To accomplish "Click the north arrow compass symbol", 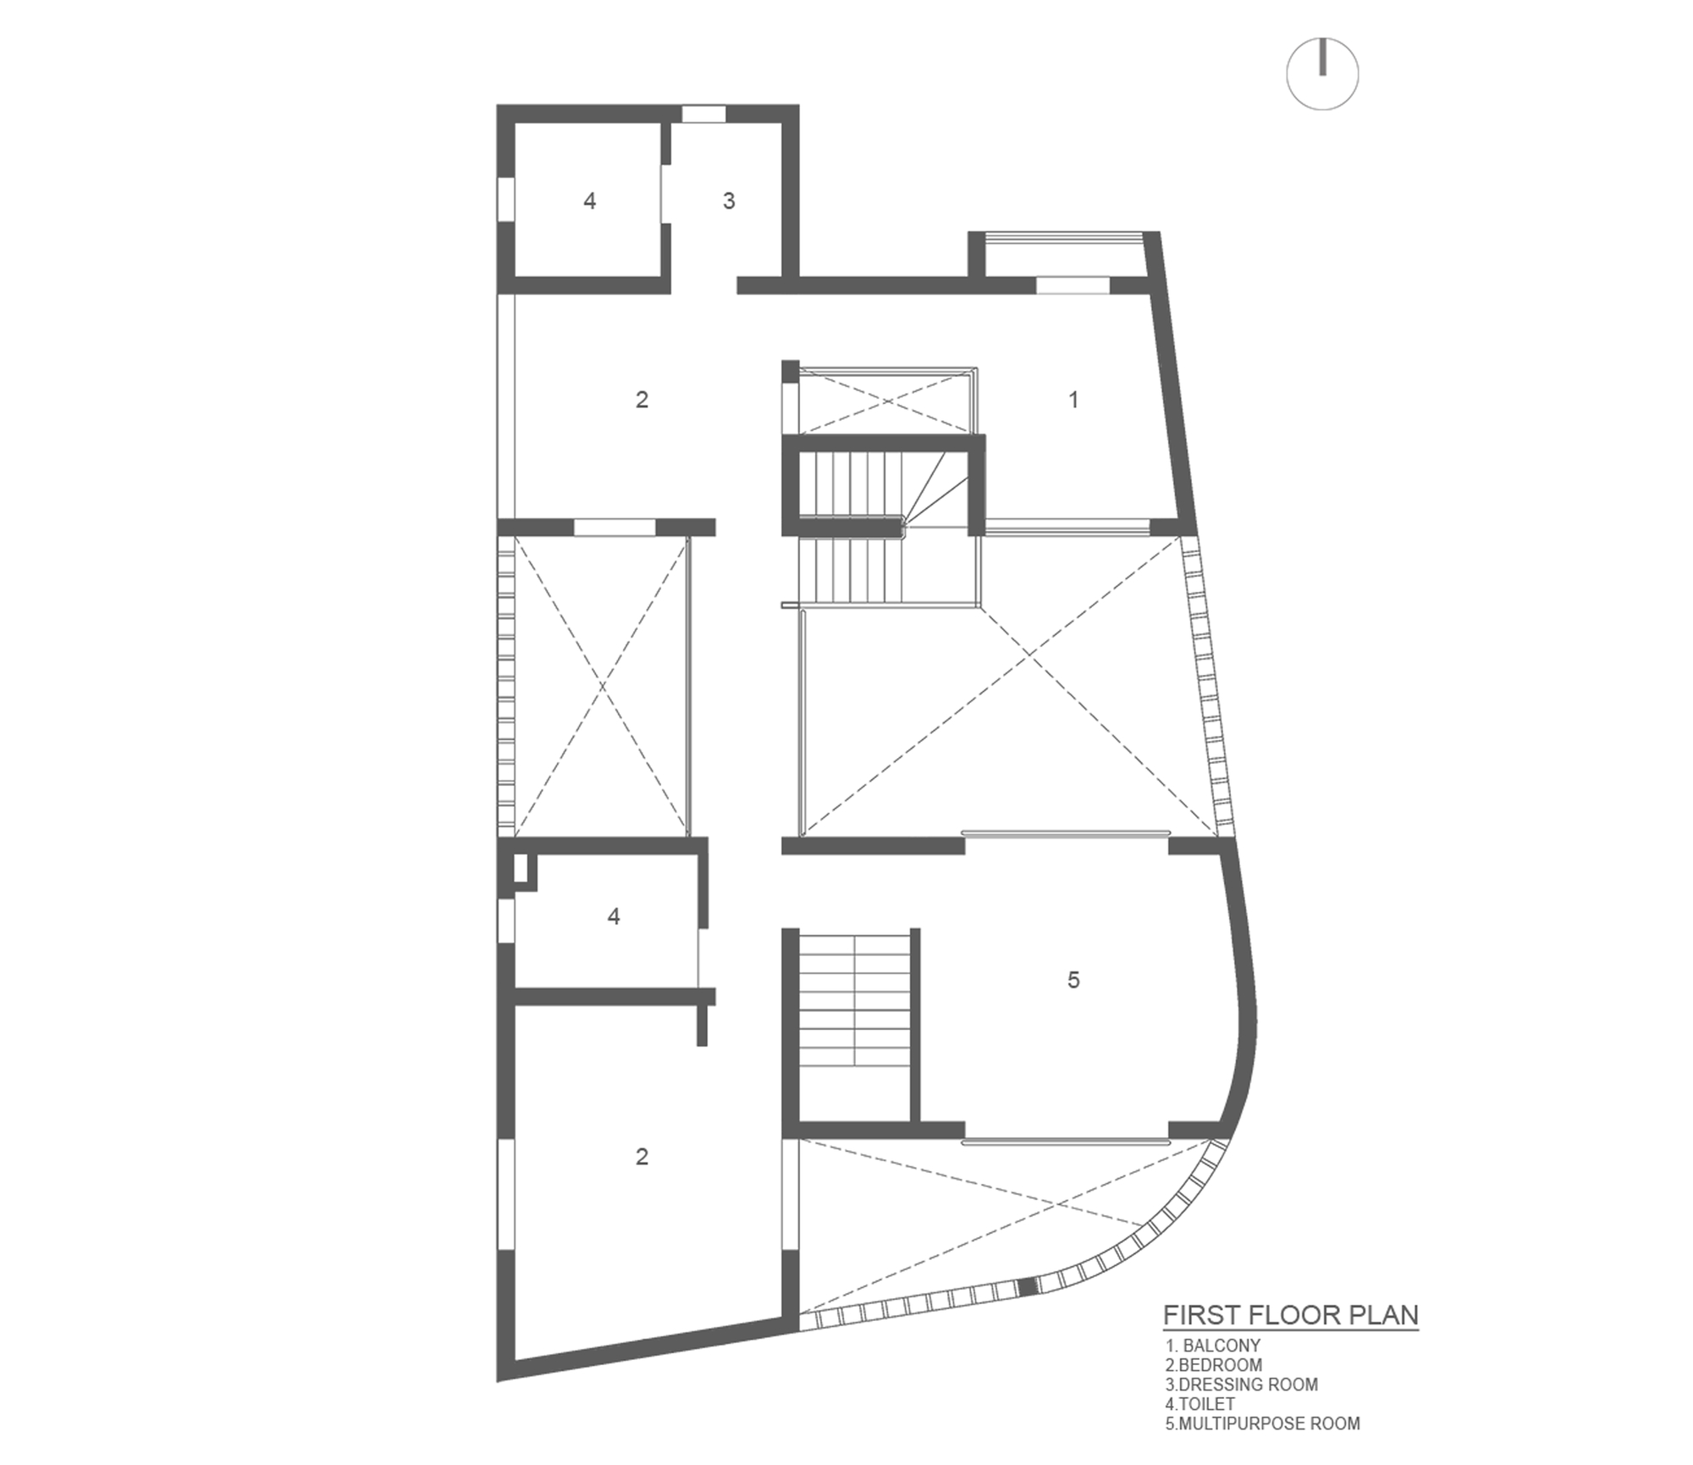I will click(1322, 73).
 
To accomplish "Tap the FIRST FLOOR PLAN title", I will click(1290, 1315).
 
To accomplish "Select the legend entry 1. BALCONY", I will click(1213, 1345).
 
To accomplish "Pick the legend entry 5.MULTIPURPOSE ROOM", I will click(1262, 1424).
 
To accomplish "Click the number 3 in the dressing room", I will click(729, 202).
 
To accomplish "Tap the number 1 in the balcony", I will click(1073, 400).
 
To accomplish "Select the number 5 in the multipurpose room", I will click(1073, 981).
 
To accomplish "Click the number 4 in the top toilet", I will click(590, 202).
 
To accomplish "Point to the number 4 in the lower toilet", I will click(614, 916).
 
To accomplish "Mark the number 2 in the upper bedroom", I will click(642, 400).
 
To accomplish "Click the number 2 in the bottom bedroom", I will click(642, 1157).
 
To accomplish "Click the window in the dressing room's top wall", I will click(703, 113).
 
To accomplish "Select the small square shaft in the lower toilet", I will click(521, 869).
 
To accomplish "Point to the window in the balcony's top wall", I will click(1073, 285).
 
